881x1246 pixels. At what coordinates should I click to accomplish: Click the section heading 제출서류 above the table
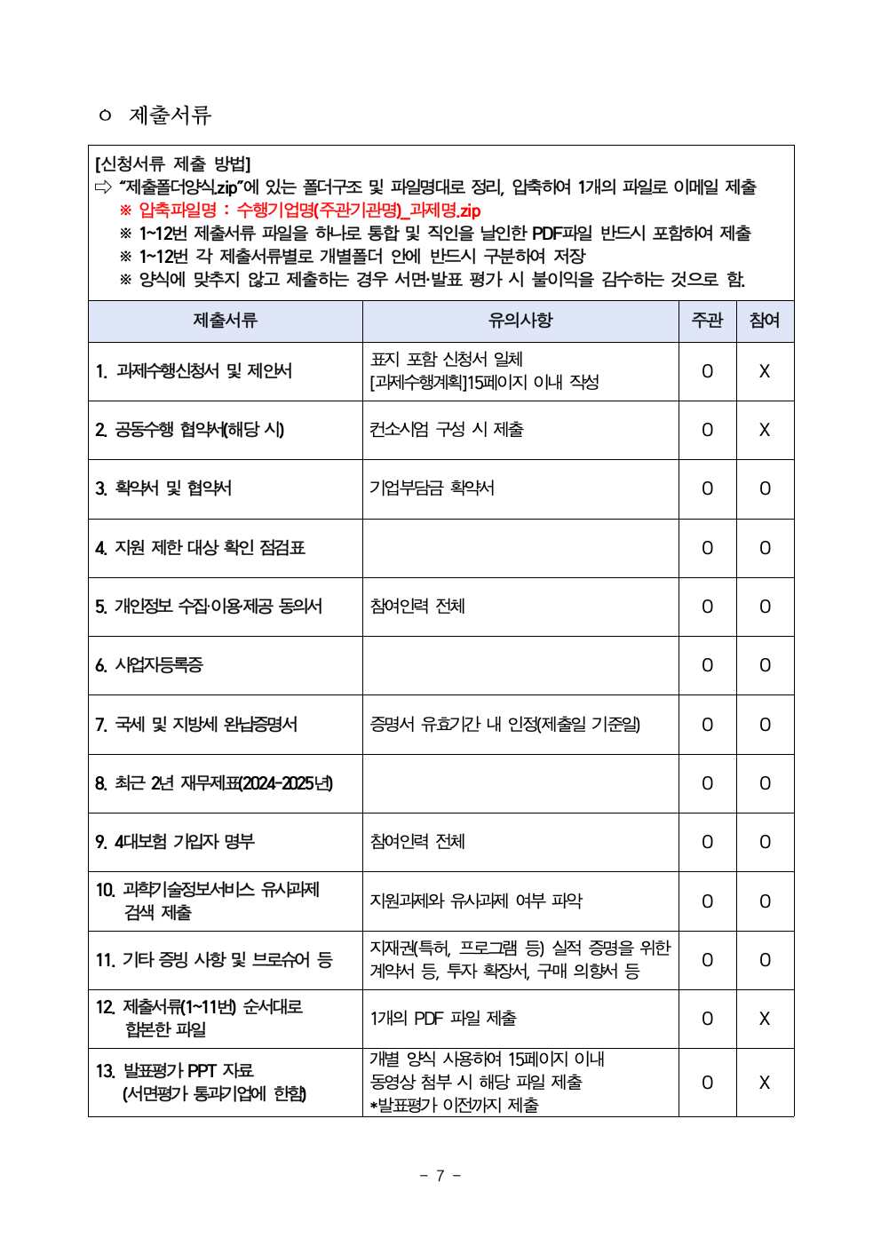170,115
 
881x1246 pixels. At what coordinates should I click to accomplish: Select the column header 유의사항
520,321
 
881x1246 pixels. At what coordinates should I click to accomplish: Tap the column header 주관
707,321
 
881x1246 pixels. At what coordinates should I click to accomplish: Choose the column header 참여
765,321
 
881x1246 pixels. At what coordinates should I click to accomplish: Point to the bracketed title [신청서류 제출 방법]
173,164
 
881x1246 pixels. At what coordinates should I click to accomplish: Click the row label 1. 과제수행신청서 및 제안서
194,371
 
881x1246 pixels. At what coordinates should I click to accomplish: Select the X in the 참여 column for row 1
765,371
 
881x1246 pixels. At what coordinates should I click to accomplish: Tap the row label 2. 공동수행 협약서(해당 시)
190,430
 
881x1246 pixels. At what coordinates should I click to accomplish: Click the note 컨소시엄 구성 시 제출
447,430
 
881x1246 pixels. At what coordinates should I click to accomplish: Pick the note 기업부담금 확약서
433,488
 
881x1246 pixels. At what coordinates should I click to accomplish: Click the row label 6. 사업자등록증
149,665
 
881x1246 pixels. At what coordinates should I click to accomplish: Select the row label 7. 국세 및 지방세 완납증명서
196,725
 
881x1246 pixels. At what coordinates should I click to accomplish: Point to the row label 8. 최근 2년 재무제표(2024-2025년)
214,783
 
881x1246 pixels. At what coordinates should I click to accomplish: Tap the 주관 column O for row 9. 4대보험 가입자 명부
707,842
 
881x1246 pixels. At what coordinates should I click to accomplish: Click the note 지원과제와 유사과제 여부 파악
476,901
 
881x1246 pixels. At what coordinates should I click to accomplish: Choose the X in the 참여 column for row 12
765,1019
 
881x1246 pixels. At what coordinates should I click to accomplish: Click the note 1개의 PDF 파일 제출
443,1019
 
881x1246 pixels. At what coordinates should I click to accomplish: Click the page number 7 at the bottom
440,1176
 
